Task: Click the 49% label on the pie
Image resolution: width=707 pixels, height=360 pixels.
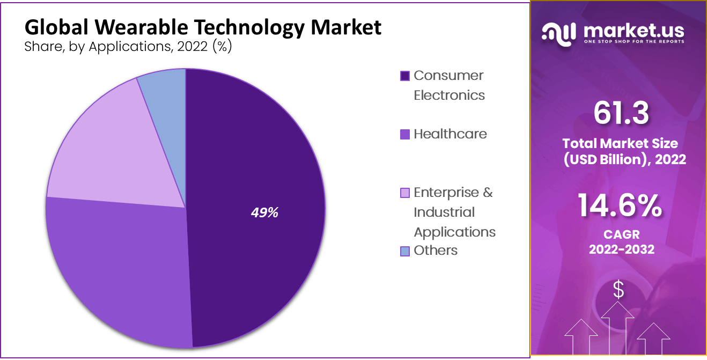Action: (x=264, y=212)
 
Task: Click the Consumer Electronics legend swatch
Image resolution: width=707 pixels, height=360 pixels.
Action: (x=405, y=76)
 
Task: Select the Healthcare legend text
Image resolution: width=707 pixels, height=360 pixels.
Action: (x=450, y=134)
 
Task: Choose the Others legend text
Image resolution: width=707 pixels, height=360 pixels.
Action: (x=436, y=251)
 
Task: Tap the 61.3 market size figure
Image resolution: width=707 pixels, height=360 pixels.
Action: (x=621, y=114)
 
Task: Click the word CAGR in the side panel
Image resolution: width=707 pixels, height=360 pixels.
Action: (x=622, y=235)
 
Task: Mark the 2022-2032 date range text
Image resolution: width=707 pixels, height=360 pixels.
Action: (x=622, y=249)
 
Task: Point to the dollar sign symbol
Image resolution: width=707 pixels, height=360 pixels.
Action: (x=618, y=290)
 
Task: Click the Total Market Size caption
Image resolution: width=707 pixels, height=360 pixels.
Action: (x=620, y=143)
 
